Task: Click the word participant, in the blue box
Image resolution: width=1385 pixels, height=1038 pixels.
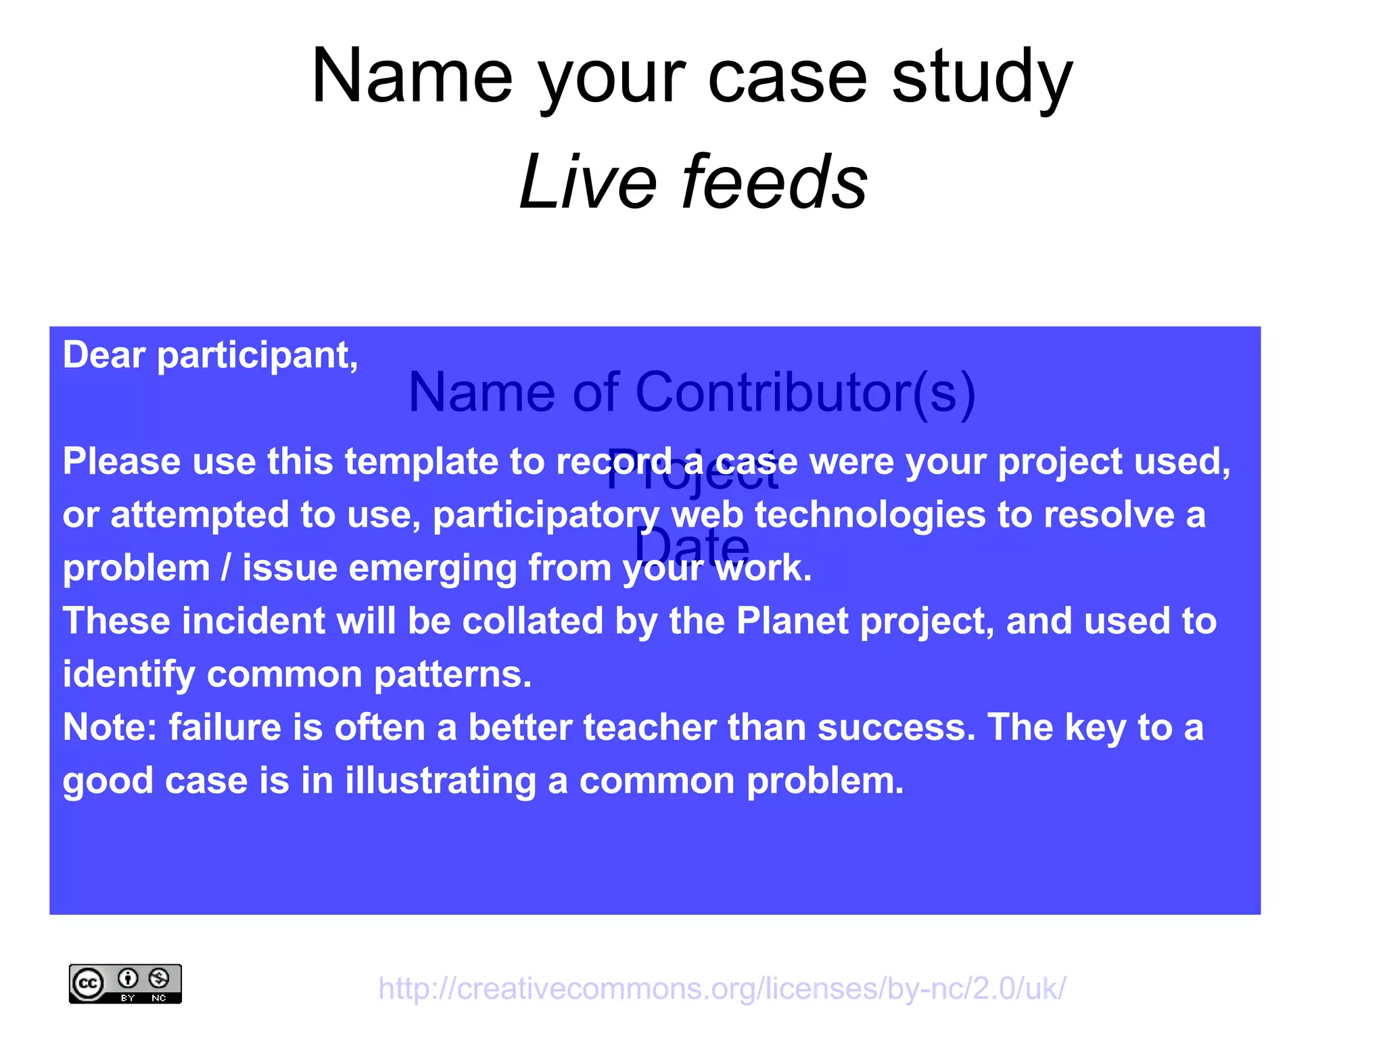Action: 257,356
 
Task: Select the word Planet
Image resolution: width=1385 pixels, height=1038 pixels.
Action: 792,621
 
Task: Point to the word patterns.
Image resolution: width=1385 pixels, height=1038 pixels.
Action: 452,674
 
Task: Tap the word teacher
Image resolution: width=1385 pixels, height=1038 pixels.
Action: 649,728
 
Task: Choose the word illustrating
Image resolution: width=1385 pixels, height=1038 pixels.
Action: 440,781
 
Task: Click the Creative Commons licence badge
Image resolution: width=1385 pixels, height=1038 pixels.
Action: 125,984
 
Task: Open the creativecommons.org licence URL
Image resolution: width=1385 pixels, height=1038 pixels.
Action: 722,989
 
